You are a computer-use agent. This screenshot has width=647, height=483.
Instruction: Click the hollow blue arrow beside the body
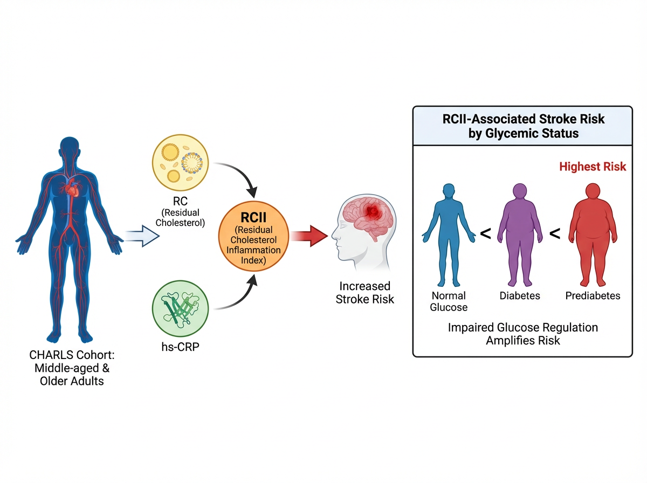click(142, 236)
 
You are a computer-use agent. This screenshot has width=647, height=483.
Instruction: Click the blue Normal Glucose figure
click(449, 234)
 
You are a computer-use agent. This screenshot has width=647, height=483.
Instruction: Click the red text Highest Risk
click(593, 167)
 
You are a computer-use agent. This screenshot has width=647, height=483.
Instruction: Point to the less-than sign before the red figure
click(554, 233)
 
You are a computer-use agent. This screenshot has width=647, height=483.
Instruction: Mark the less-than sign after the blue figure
click(485, 233)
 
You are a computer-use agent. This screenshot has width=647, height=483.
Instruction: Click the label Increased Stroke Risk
click(365, 293)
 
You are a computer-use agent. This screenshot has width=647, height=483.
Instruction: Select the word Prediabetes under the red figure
click(593, 295)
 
